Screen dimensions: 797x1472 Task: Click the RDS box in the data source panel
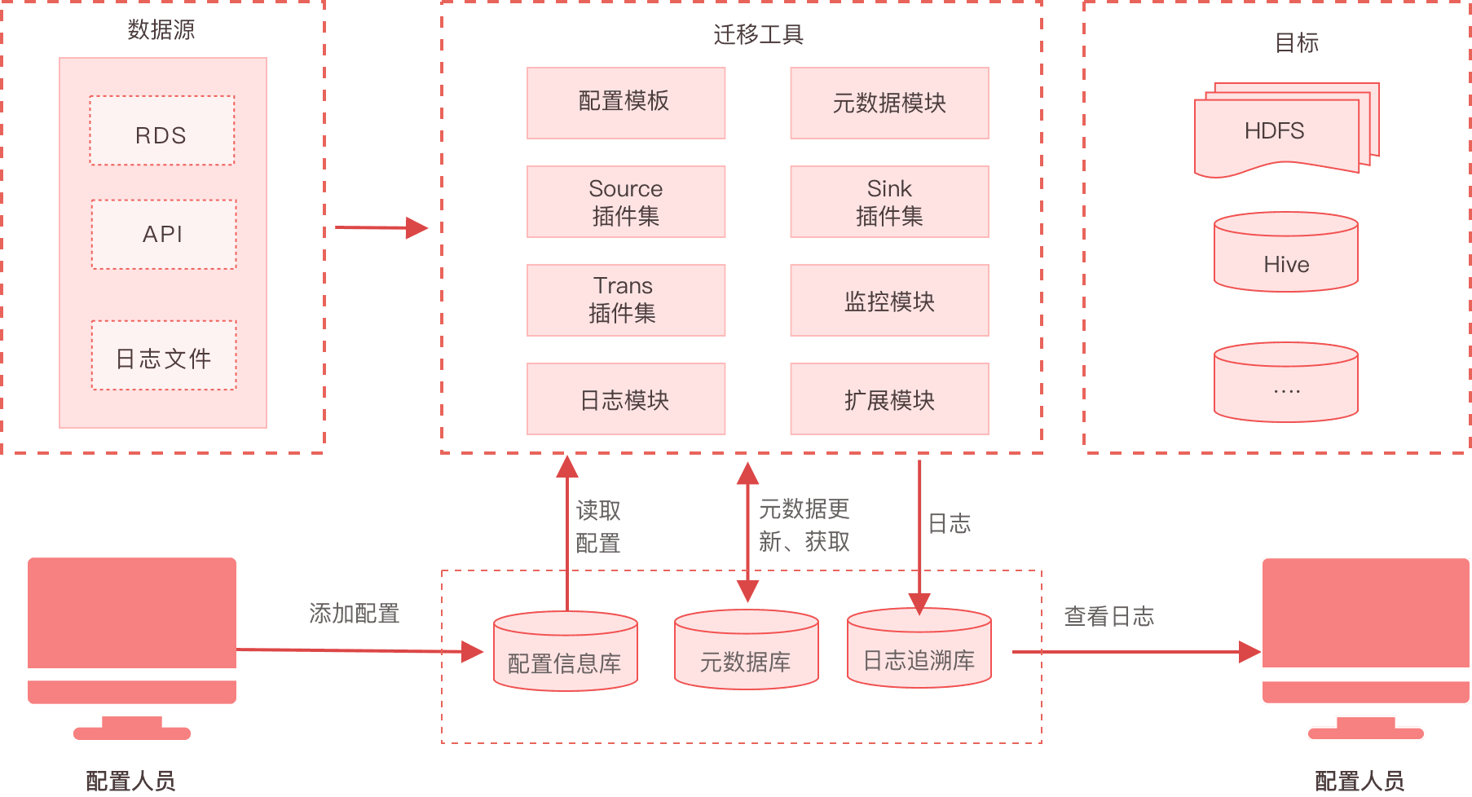(161, 131)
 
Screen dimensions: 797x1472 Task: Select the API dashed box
(163, 235)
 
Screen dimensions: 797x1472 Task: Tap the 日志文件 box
(163, 356)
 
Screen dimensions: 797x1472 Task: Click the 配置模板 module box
(625, 103)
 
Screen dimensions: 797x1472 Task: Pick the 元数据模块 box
(888, 103)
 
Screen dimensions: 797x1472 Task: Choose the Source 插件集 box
(625, 202)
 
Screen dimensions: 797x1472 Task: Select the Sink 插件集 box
(888, 202)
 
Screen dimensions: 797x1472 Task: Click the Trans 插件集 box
(625, 300)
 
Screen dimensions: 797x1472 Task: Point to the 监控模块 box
(888, 300)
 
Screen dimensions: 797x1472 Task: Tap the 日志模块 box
(625, 398)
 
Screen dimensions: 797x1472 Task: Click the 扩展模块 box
(888, 398)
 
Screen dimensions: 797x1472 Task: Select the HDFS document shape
(1280, 130)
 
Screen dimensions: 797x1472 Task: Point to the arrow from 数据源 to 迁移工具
(381, 227)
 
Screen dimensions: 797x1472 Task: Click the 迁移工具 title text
(758, 34)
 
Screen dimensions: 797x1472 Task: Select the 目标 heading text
(1296, 42)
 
